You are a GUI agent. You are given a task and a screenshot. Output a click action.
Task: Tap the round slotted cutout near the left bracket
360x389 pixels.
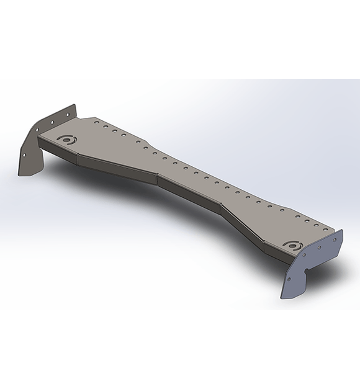(x=65, y=140)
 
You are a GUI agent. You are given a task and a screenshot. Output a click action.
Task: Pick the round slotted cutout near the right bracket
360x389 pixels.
(x=291, y=244)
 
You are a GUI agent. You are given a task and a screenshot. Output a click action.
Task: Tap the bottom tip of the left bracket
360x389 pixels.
(x=22, y=174)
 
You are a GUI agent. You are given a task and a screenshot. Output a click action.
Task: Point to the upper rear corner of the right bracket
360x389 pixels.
(x=343, y=231)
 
